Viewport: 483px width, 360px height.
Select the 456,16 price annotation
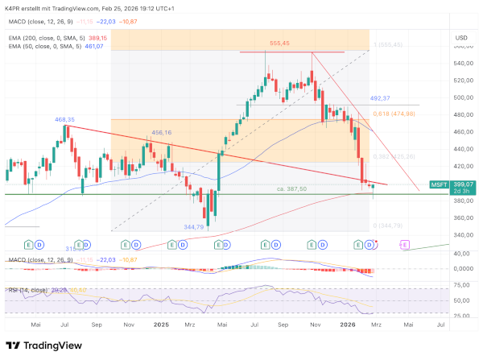pyautogui.click(x=162, y=133)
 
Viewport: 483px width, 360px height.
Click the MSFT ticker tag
pyautogui.click(x=439, y=185)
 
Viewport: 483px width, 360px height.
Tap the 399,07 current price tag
pyautogui.click(x=462, y=185)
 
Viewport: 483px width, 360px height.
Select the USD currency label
pyautogui.click(x=461, y=38)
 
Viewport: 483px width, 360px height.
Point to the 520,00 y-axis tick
pyautogui.click(x=463, y=81)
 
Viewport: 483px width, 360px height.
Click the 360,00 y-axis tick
pyautogui.click(x=463, y=217)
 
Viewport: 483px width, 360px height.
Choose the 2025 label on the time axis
pyautogui.click(x=160, y=325)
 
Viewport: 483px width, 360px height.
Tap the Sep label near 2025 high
pyautogui.click(x=283, y=325)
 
